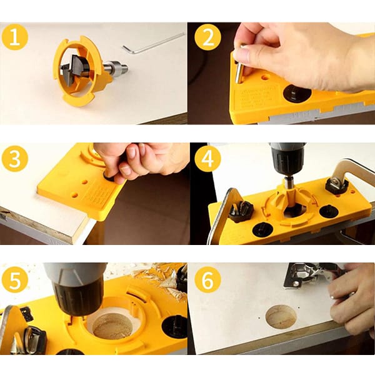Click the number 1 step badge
15,37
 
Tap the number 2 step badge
208,37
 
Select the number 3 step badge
15,158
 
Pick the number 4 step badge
208,158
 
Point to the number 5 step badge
15,279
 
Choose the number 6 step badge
208,279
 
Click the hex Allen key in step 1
153,43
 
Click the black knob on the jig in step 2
297,92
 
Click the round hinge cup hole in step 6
281,317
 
